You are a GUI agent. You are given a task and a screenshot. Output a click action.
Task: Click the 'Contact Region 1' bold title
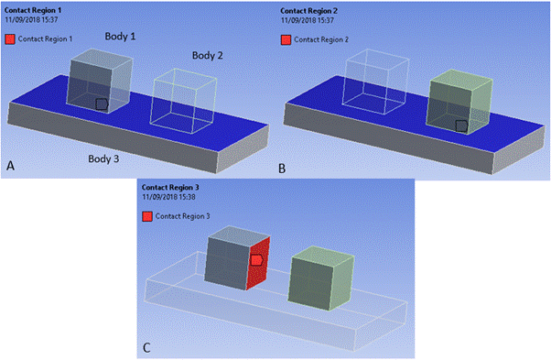[35, 9]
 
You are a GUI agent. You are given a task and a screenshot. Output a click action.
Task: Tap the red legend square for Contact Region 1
[10, 39]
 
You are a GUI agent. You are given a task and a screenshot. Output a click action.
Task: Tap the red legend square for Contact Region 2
[287, 39]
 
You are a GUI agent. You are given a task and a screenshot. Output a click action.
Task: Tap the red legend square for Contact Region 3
[147, 216]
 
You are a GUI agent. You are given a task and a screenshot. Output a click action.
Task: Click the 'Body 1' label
[120, 37]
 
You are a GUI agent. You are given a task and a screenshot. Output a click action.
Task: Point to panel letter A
[11, 166]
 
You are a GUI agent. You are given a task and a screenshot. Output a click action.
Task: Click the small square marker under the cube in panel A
[103, 104]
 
